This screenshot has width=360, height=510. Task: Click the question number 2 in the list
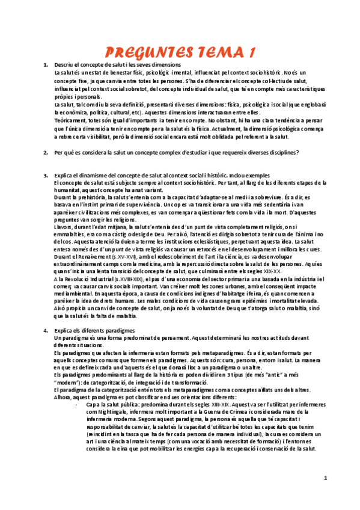46,152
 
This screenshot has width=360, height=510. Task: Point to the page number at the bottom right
325,478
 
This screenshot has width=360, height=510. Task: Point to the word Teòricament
70,120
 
